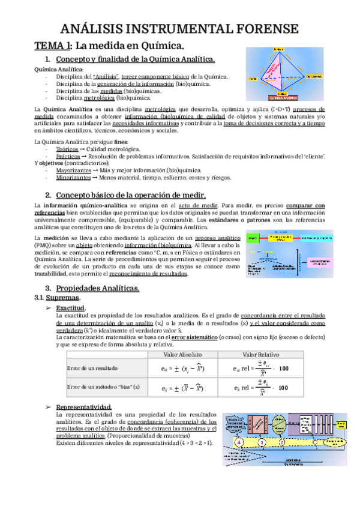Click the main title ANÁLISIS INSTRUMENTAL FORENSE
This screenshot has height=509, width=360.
click(179, 28)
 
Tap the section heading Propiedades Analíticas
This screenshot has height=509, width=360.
click(97, 289)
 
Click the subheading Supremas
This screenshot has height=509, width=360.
click(62, 298)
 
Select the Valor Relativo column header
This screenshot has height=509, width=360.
click(266, 354)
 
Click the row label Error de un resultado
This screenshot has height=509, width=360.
click(92, 368)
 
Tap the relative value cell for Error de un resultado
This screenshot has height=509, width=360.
click(266, 368)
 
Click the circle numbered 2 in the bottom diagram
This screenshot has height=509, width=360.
click(283, 442)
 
